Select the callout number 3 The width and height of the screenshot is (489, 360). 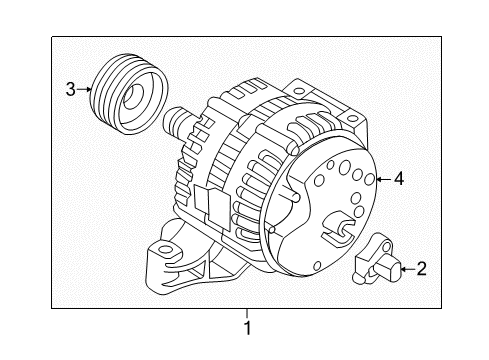pos(71,89)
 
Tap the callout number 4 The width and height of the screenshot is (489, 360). pos(398,179)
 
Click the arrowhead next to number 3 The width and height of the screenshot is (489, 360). pos(88,89)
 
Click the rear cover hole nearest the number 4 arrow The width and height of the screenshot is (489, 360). pos(369,181)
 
